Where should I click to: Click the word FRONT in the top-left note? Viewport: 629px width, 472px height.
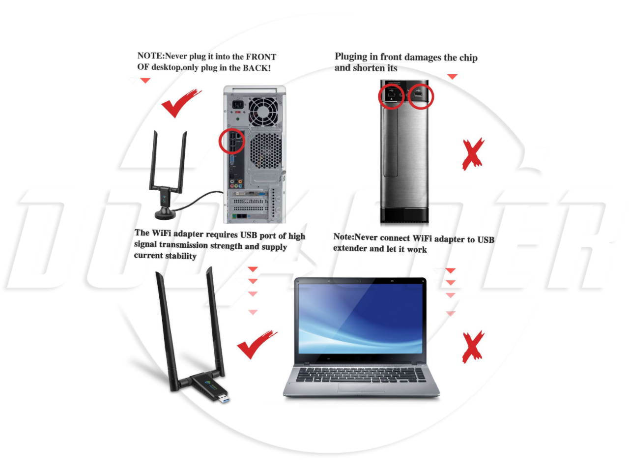pos(261,57)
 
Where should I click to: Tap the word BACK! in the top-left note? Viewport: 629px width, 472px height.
pos(257,68)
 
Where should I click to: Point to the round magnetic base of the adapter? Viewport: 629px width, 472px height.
pos(165,215)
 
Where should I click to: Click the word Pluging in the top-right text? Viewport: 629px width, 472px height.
pos(350,57)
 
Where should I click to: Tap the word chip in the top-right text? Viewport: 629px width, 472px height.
pos(468,58)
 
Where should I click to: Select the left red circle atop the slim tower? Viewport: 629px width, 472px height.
pos(391,96)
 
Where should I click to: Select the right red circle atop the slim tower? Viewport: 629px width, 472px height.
pos(420,95)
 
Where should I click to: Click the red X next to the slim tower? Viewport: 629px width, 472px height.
pos(472,154)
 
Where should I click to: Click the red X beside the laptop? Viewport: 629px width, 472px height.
pos(472,347)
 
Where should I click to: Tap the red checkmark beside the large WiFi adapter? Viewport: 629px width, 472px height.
pos(256,344)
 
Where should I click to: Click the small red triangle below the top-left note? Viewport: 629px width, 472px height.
pos(145,81)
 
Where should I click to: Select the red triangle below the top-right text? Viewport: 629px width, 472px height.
pos(452,77)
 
